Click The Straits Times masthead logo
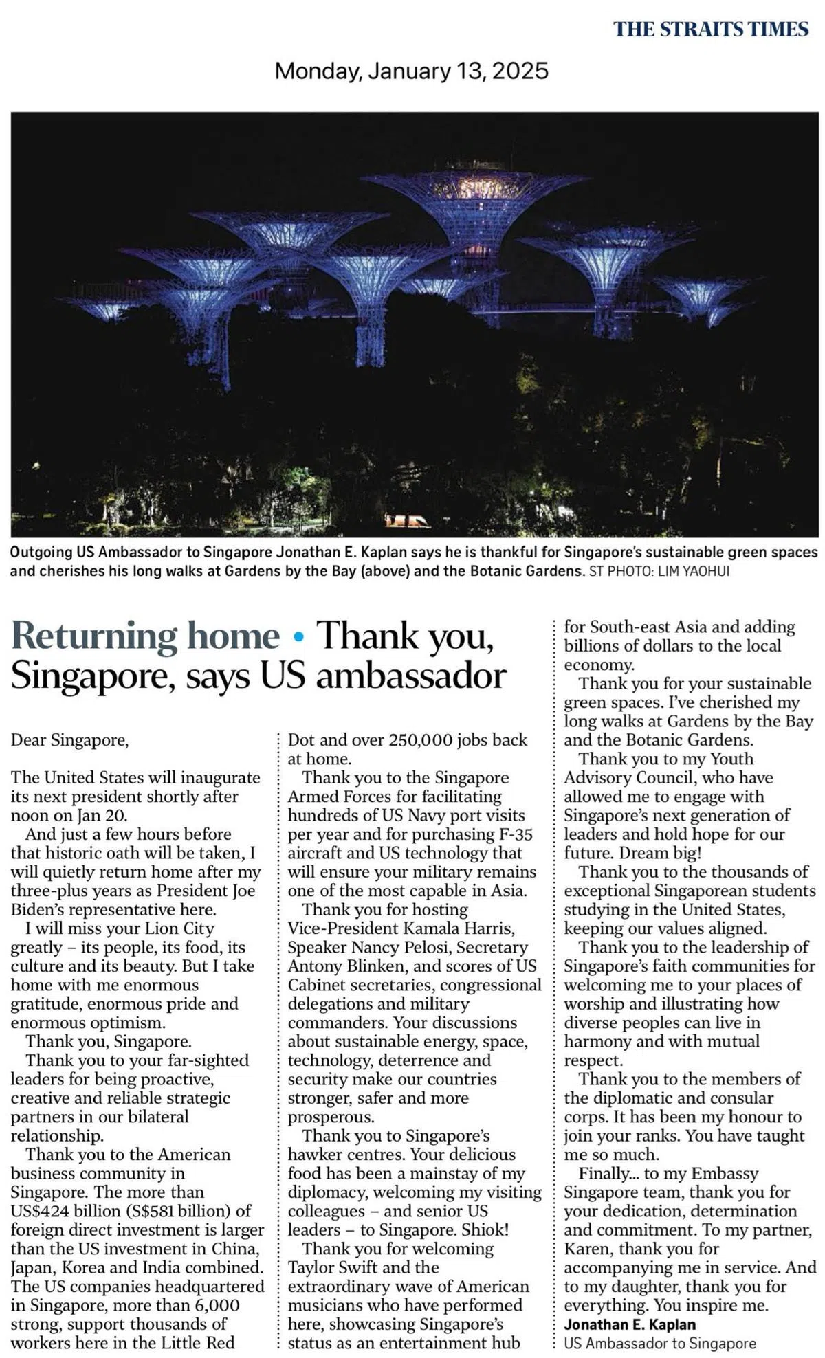tap(711, 29)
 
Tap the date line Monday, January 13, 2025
tap(411, 71)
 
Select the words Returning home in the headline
tap(146, 636)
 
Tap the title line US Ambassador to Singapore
tap(660, 1343)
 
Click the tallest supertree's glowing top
tap(473, 186)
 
